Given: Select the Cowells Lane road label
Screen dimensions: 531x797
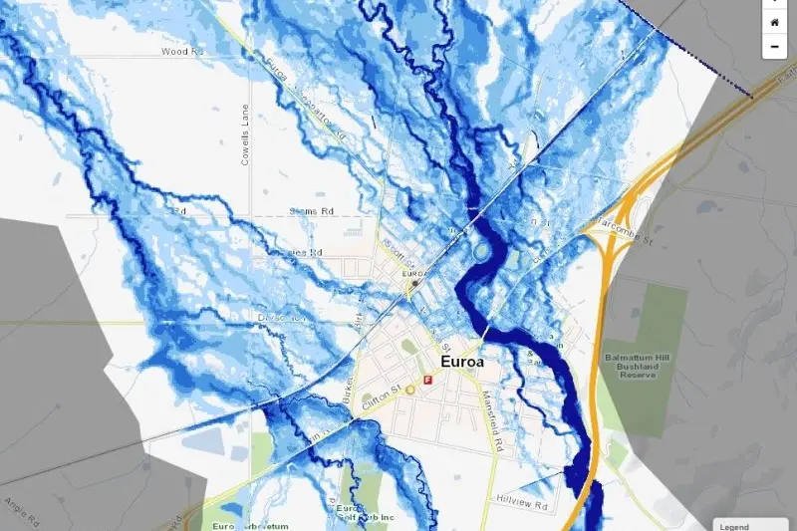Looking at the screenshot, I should [x=245, y=135].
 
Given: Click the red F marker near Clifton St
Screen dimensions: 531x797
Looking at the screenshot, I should [x=428, y=380].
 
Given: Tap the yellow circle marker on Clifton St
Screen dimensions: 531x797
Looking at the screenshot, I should [x=410, y=390].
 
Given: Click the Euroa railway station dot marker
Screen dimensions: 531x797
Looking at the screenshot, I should [x=414, y=284].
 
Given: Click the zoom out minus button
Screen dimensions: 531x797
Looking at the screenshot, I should [x=774, y=47].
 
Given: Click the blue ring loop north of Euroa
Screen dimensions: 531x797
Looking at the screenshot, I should [x=483, y=252].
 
